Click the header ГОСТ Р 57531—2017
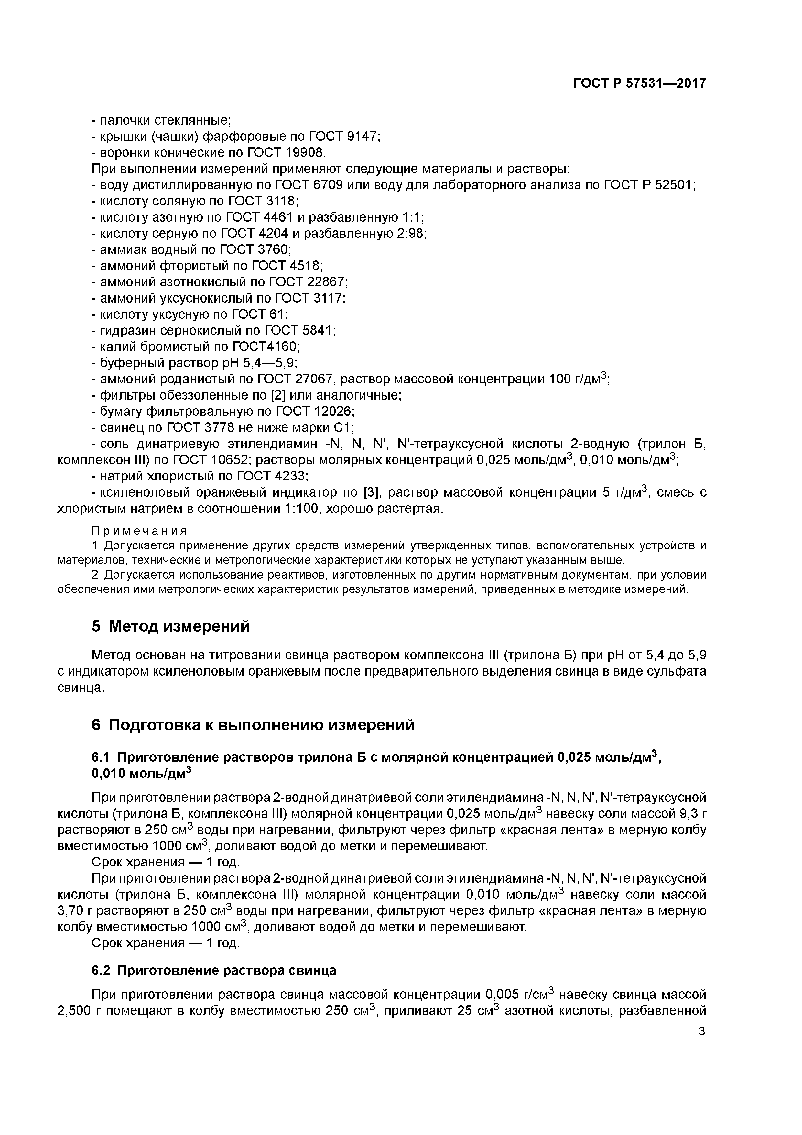click(639, 83)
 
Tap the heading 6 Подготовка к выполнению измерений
click(253, 725)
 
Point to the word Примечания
click(139, 531)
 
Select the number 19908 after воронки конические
click(305, 152)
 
